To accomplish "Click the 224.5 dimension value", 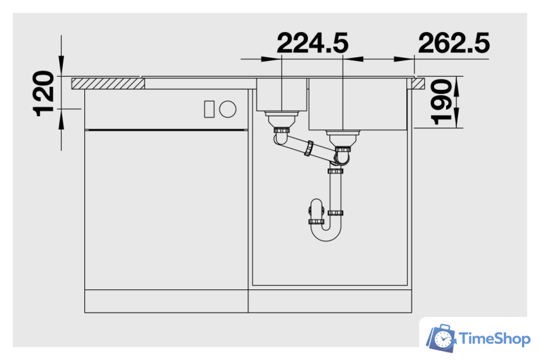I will tap(312, 43).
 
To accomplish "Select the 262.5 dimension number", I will tap(454, 43).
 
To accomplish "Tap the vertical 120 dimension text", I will tap(44, 93).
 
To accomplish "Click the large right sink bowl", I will tap(358, 103).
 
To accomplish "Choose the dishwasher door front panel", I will tap(166, 209).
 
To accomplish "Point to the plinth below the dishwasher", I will tap(166, 300).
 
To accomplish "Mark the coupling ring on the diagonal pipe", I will tap(310, 148).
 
